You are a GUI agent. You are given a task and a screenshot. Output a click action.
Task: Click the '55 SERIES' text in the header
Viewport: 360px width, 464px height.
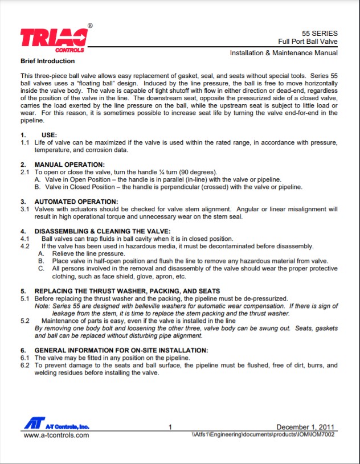(320, 33)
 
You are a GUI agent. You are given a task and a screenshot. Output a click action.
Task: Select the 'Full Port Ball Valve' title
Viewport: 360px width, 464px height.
(308, 42)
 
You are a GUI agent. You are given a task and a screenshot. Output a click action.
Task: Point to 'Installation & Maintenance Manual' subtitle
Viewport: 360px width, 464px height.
(283, 53)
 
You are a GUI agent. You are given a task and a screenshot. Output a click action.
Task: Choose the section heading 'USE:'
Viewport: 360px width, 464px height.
(44, 135)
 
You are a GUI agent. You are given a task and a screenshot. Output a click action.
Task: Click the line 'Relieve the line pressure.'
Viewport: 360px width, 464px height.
(88, 253)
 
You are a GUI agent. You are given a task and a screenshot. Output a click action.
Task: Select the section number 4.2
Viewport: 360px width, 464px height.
(25, 246)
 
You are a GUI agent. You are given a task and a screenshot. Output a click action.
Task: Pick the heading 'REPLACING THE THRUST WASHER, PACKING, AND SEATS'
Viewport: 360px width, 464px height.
(127, 291)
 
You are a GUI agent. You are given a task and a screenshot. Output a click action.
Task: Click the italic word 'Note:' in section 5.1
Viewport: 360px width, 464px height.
(43, 306)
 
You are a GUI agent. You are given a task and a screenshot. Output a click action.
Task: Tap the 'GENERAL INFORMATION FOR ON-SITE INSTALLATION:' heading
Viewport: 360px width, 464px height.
(121, 350)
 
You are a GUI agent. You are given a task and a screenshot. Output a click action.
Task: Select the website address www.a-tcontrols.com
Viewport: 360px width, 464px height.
(56, 436)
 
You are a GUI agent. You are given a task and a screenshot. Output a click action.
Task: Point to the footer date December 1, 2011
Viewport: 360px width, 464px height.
(306, 427)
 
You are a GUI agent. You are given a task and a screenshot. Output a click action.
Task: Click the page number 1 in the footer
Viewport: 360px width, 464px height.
(171, 428)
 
